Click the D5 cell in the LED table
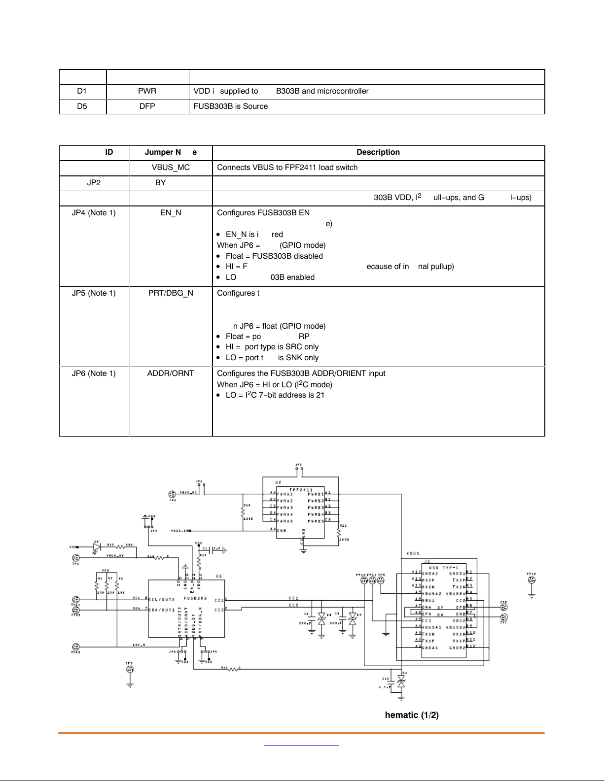coord(82,106)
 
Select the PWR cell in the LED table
coord(147,91)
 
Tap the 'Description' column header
coord(378,152)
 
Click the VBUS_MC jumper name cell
coord(171,168)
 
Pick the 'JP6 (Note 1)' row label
coord(94,374)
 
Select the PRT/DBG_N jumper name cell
coord(171,293)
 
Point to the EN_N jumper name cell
coord(171,213)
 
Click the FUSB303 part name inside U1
coord(195,598)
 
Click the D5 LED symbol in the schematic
coord(97,546)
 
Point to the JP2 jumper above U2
coord(298,468)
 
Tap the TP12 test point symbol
coord(532,580)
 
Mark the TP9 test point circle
coord(130,669)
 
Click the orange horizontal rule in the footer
coord(301,733)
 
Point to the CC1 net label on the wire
coord(294,598)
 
